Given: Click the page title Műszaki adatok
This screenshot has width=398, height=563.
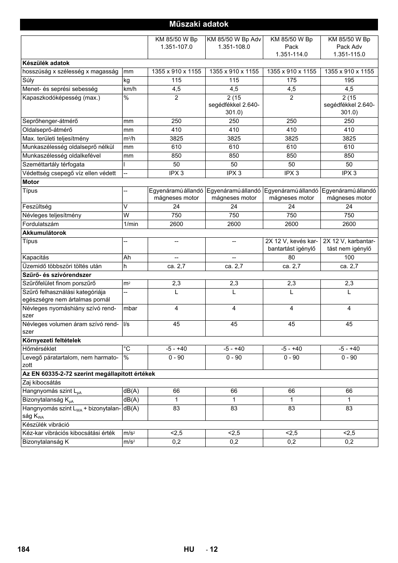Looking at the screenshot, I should [x=199, y=24].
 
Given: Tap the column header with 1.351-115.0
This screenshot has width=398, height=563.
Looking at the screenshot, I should [x=349, y=47].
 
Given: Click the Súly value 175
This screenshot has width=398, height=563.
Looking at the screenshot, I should [x=292, y=80].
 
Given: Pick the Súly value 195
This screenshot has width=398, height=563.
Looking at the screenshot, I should [x=349, y=80].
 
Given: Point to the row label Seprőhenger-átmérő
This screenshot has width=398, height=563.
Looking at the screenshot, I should [x=50, y=121].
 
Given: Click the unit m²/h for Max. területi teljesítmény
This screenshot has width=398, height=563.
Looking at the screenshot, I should [x=129, y=138].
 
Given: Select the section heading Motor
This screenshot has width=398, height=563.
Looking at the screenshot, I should [x=31, y=182].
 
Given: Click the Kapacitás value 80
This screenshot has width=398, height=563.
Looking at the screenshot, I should [x=292, y=258].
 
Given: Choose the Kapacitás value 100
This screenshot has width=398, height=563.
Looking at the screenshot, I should [x=349, y=258].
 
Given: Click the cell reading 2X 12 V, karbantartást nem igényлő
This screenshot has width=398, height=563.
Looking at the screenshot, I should [x=349, y=245].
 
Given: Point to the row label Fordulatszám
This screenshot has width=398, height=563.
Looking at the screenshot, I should [x=40, y=224].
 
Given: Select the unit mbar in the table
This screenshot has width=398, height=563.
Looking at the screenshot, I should [x=130, y=309].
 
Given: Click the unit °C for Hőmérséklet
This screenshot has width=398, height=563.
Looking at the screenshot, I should [x=127, y=349].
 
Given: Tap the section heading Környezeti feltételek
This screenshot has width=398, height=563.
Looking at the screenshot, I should [x=52, y=341].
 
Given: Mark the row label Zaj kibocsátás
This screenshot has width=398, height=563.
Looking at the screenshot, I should [x=42, y=383].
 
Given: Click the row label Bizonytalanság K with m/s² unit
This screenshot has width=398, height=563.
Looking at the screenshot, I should [x=46, y=442].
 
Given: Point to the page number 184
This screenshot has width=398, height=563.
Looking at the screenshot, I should [x=24, y=549].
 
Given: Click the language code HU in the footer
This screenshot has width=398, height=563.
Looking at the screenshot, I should [x=189, y=549].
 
